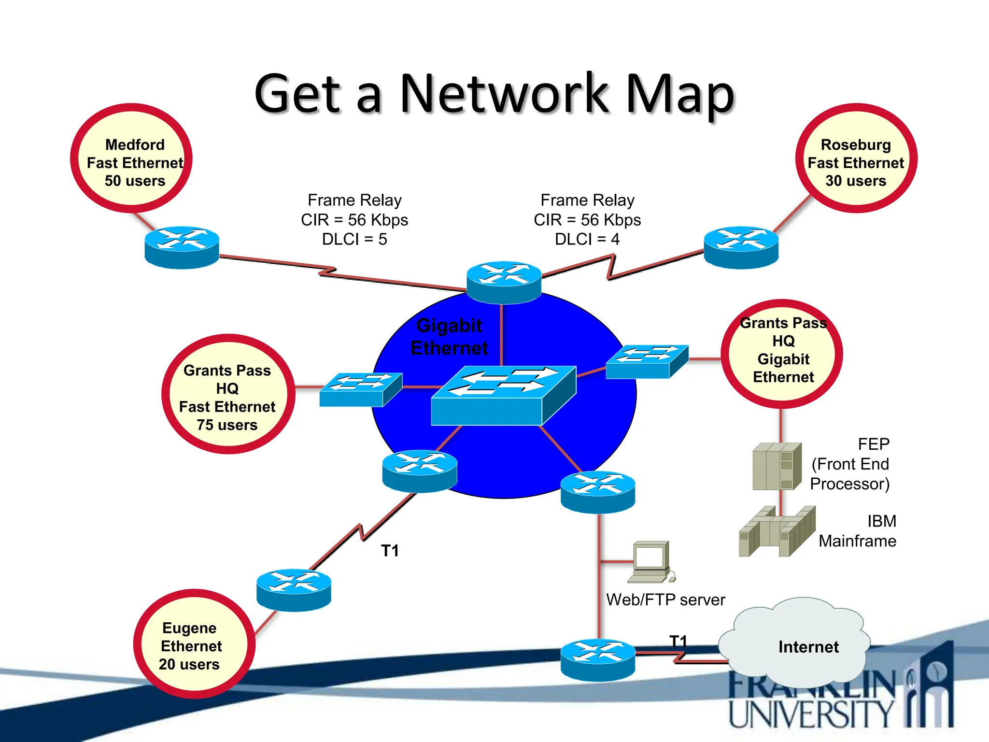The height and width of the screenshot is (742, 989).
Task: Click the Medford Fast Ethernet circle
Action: click(x=131, y=158)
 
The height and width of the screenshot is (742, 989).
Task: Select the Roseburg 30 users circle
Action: click(x=856, y=158)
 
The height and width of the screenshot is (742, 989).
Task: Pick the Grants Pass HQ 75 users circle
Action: click(x=228, y=394)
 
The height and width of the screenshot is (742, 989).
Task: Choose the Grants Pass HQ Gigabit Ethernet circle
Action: click(x=782, y=354)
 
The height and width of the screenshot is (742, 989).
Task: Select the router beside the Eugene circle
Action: click(x=294, y=589)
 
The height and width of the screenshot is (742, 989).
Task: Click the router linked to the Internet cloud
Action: click(x=598, y=659)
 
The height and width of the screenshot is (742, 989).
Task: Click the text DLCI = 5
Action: click(x=354, y=240)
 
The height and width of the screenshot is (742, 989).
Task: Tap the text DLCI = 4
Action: click(x=587, y=240)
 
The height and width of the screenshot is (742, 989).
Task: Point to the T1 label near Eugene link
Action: click(x=390, y=551)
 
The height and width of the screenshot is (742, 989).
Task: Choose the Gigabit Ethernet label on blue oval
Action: click(x=449, y=337)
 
